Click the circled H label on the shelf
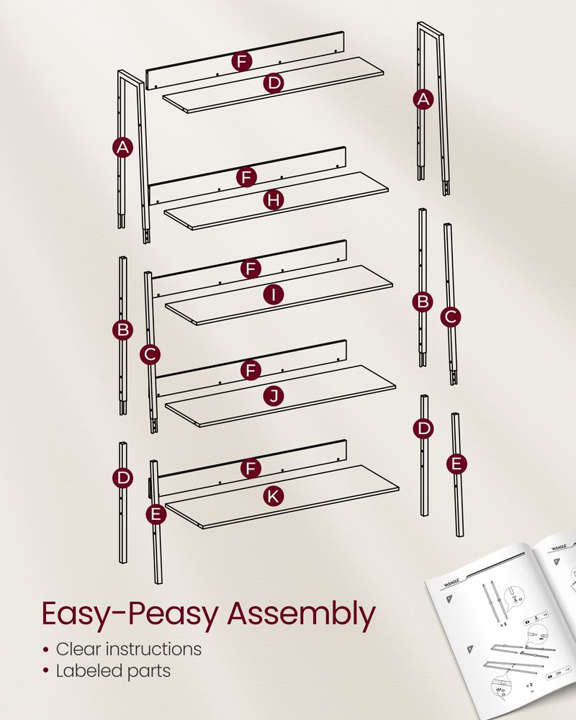pos(272,200)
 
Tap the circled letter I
pos(273,294)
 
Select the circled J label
pos(273,395)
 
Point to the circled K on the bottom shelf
pos(273,495)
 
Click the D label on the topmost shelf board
pos(273,84)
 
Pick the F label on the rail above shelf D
pos(242,61)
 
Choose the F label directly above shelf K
pos(251,469)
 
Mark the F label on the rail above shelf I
pos(251,269)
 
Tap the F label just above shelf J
pos(251,370)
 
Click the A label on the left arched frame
pos(123,148)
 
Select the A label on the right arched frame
pos(423,99)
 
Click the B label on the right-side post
pos(423,302)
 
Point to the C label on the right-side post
pos(451,316)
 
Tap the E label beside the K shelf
pos(155,514)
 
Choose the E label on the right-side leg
pos(456,464)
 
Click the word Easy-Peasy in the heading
pos(128,614)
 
